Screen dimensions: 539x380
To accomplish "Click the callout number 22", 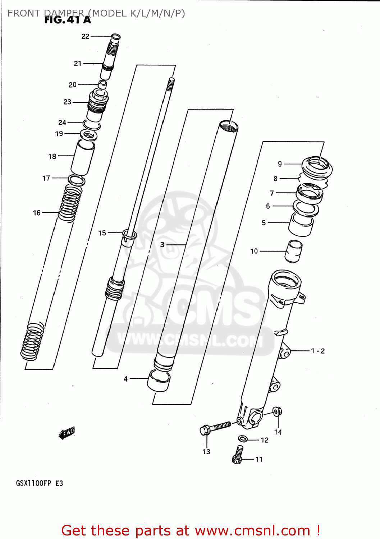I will (x=85, y=36).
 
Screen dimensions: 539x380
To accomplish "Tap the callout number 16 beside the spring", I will (x=37, y=213).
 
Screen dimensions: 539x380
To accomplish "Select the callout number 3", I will (x=162, y=245).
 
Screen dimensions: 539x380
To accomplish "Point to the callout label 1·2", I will (x=318, y=351).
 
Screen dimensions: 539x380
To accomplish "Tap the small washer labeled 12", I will (x=243, y=438).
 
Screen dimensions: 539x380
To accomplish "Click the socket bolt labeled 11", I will (x=238, y=454).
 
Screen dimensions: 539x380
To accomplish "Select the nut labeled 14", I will (x=277, y=412).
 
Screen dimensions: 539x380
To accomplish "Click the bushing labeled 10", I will (x=294, y=252).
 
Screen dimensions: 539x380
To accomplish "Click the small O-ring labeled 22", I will (x=116, y=36).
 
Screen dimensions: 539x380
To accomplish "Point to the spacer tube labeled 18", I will (x=83, y=157).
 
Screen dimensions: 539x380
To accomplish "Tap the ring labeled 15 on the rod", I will (x=129, y=235).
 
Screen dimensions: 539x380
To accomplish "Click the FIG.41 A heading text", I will (x=68, y=20).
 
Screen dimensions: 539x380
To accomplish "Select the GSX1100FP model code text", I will (x=33, y=483).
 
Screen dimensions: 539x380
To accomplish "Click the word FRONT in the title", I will (x=24, y=13).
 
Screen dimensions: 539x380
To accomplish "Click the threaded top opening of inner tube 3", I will (x=229, y=126).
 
